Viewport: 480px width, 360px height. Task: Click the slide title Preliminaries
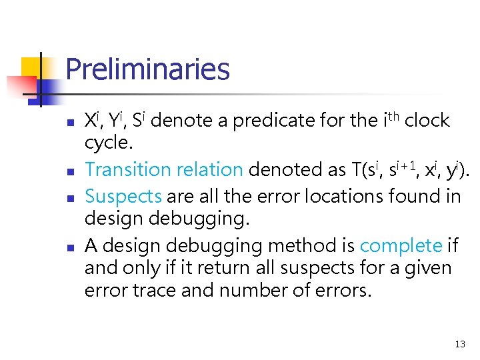click(147, 69)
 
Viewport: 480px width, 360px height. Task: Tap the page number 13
click(459, 344)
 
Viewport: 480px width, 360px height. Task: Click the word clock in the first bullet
click(427, 121)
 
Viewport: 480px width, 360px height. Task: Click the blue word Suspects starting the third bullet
click(123, 197)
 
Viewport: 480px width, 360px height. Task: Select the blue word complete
click(401, 246)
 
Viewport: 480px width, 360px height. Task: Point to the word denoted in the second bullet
click(281, 170)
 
